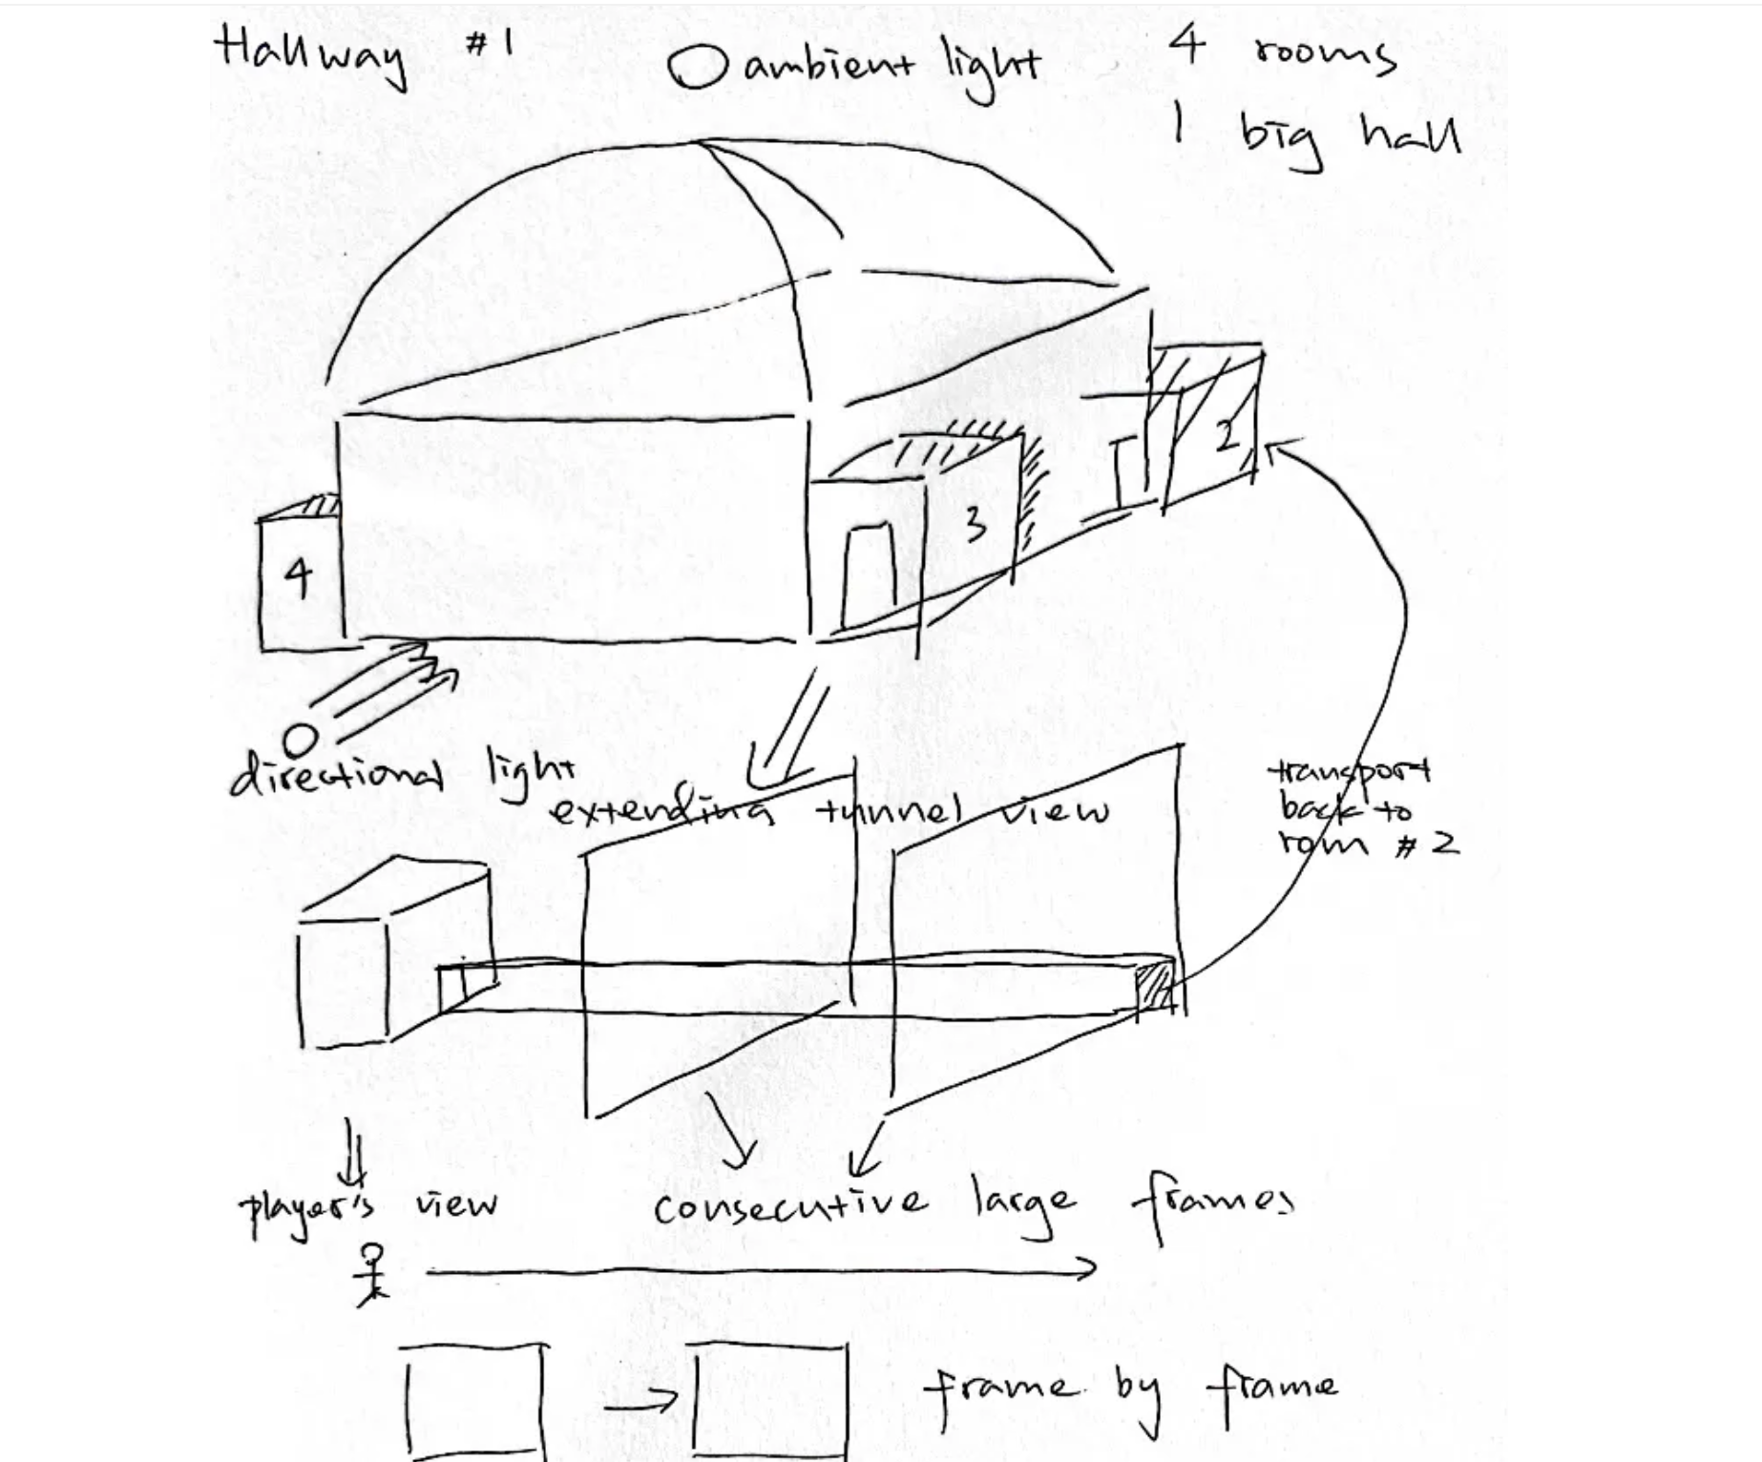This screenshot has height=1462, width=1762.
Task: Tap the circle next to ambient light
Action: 698,70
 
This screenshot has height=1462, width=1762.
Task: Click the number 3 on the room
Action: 974,524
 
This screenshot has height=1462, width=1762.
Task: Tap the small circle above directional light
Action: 301,740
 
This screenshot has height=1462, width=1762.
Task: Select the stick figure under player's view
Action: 371,1274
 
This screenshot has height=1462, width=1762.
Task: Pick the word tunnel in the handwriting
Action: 887,811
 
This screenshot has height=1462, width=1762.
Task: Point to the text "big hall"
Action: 1350,136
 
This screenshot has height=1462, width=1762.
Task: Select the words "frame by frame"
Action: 1131,1389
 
